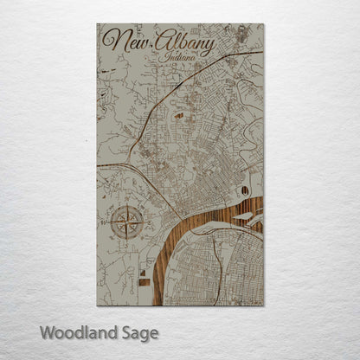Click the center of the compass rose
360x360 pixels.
click(127, 222)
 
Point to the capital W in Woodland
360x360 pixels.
click(47, 331)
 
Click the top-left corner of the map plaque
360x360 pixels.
click(97, 24)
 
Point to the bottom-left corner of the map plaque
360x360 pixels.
click(97, 305)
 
